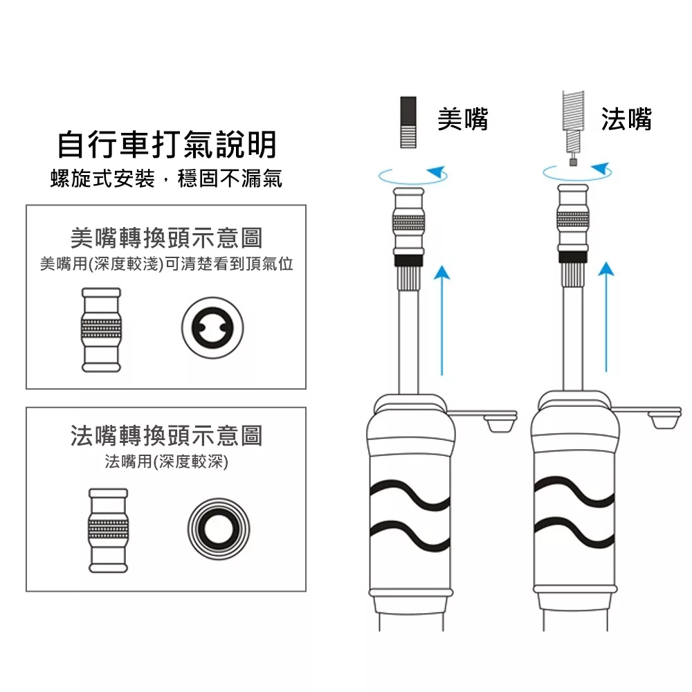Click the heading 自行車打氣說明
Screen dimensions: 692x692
pos(166,145)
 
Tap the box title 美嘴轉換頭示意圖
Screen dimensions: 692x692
pos(166,238)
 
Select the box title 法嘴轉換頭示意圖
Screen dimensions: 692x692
pos(166,435)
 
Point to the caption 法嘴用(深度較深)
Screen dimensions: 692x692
pos(166,462)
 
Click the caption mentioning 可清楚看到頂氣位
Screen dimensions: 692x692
pos(166,264)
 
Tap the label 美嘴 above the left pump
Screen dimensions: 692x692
pos(463,119)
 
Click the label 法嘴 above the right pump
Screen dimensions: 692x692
pos(626,119)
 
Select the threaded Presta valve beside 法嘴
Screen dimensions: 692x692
pos(573,125)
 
